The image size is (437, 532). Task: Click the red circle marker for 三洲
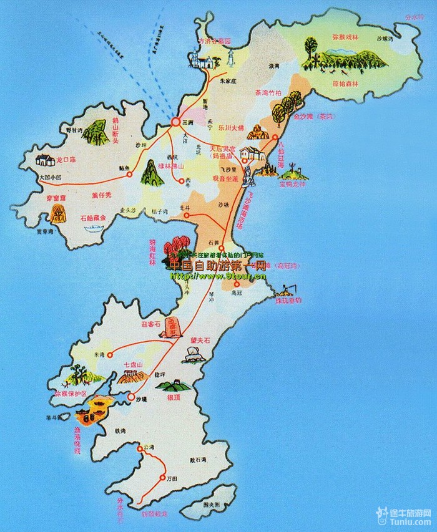point(175,122)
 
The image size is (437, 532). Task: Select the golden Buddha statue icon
point(257,132)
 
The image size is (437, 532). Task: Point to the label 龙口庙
point(66,160)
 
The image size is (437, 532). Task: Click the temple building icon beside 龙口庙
point(44,160)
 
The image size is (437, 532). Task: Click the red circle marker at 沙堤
point(130,397)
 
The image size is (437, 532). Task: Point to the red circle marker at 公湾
point(140,447)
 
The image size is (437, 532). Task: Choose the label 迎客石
point(152,324)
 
